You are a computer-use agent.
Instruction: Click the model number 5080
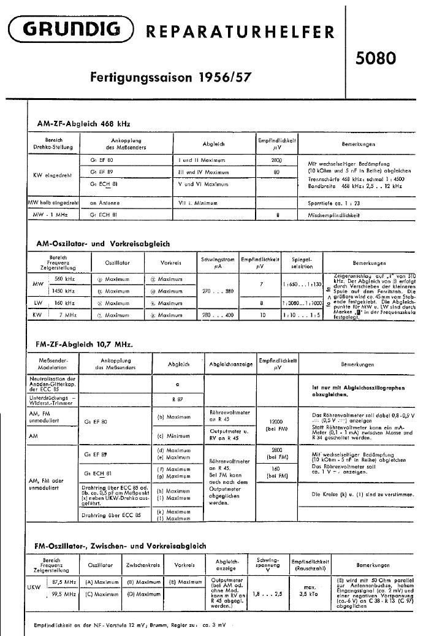(376, 58)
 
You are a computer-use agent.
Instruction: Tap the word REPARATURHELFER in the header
(240, 32)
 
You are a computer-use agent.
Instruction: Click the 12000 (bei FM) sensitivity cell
(276, 426)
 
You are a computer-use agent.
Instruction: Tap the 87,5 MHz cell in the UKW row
(64, 581)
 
